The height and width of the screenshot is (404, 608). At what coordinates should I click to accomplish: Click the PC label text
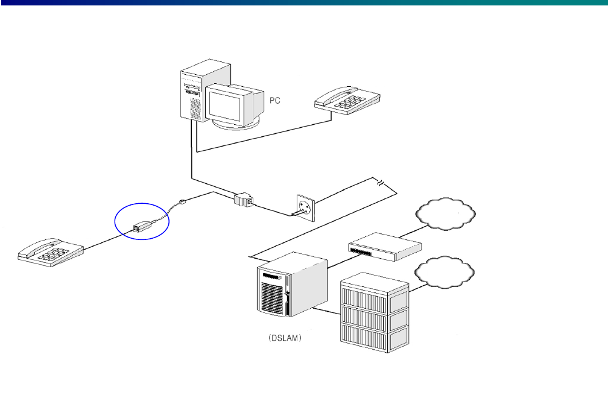coord(274,102)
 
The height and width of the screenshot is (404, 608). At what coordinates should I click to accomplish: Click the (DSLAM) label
coord(285,339)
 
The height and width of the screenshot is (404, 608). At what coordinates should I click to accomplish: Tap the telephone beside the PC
coord(347,99)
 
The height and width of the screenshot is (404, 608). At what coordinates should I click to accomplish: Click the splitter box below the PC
coord(244,199)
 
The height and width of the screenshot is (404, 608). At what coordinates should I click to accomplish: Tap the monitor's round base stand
coord(236,124)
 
